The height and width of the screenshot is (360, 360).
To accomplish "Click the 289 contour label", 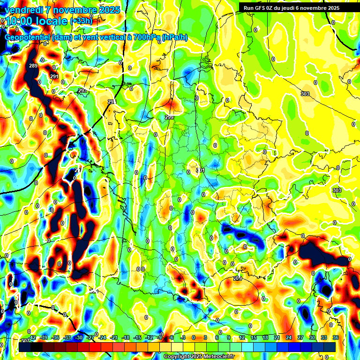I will (33, 66).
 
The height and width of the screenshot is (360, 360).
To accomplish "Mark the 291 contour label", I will (54, 76).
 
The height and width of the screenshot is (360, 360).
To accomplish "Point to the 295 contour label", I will (82, 90).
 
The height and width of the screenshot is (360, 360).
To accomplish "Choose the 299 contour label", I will (169, 117).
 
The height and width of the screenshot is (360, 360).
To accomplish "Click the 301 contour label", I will (201, 170).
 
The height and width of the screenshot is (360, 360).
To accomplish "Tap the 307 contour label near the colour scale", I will (25, 341).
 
